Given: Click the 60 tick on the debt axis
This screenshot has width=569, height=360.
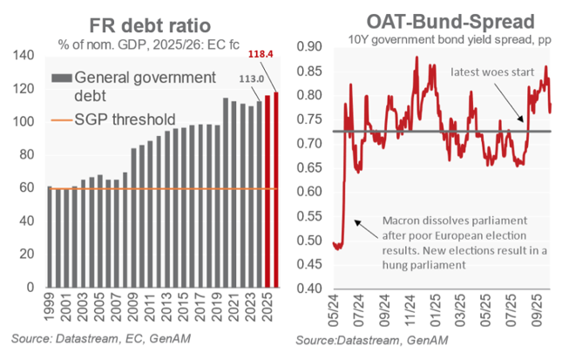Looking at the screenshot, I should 33,188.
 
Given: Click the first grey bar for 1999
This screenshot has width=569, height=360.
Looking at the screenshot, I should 50,237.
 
